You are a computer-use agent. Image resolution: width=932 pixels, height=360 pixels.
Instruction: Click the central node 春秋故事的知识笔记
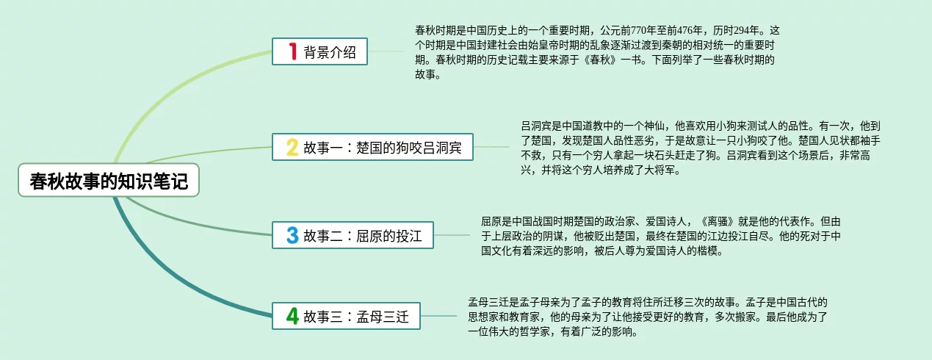click(x=109, y=181)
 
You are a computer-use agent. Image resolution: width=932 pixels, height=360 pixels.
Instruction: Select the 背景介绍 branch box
click(x=319, y=51)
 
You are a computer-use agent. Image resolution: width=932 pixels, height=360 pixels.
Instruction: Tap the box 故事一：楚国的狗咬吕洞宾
click(x=372, y=147)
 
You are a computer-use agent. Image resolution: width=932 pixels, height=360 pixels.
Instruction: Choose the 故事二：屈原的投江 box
click(x=353, y=235)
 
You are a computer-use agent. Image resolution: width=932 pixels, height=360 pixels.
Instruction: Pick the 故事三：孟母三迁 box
click(x=346, y=317)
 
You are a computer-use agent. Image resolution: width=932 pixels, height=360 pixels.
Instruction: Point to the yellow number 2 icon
click(x=292, y=147)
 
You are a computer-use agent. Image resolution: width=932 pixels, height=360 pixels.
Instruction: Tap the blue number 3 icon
click(x=292, y=235)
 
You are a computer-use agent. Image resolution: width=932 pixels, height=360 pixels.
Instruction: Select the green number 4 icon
click(x=292, y=317)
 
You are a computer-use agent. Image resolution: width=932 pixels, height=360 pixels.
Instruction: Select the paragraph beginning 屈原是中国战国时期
click(x=661, y=235)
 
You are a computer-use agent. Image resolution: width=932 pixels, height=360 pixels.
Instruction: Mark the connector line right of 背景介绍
click(x=389, y=51)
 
